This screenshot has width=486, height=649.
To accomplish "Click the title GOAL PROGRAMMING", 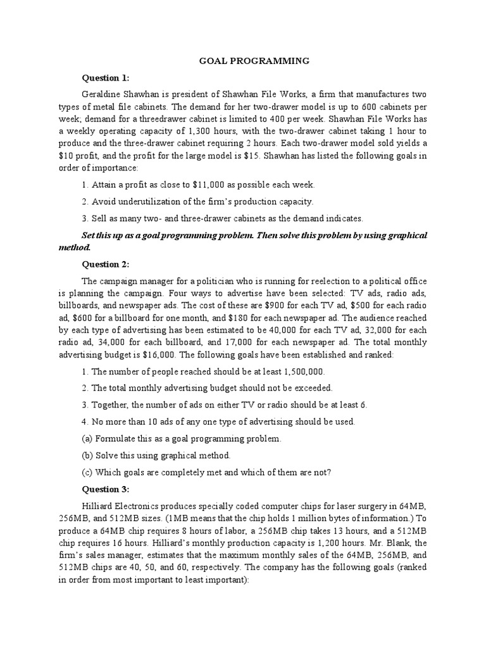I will (255, 61).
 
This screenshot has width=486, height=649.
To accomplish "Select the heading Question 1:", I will (106, 78).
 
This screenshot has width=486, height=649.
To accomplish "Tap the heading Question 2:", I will (106, 264).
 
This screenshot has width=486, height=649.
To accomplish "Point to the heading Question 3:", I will (106, 489).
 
